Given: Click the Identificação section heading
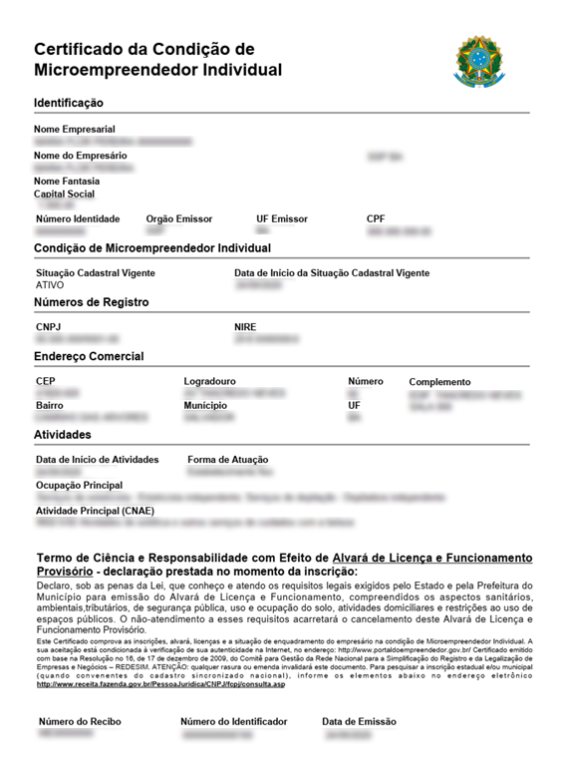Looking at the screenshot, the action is pos(69,103).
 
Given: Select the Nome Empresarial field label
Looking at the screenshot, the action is pos(75,130).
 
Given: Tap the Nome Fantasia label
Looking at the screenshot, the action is pos(67,182).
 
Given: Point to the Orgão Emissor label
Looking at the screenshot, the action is pos(179,218).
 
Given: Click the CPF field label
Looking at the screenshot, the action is pos(376,218).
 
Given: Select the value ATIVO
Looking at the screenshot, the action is pos(50,285).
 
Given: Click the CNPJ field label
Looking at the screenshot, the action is pos(48,327).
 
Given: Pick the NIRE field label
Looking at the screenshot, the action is pos(245,327).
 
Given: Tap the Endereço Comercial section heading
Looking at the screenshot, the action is pos(89,356).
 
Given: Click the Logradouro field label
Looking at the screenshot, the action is pos(209,382).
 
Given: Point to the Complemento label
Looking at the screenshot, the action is pos(439,382).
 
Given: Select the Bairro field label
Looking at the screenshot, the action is pos(50,406).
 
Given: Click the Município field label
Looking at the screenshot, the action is pos(205,406).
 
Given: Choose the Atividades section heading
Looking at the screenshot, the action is pos(63,435).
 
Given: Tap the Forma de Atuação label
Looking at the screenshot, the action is pos(228,460).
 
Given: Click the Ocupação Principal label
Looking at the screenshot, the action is pos(80,485).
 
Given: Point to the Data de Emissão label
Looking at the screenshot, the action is pos(359,721).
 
